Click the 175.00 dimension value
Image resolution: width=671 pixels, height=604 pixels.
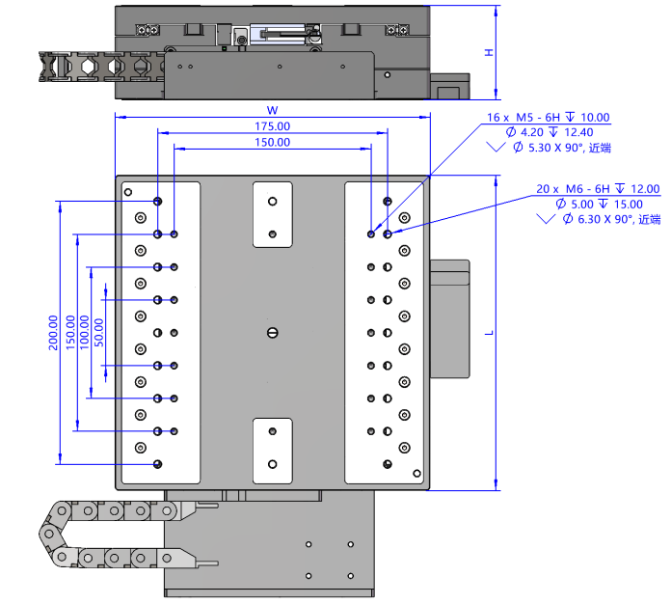[x=272, y=126]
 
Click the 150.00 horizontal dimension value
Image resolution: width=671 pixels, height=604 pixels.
[x=272, y=143]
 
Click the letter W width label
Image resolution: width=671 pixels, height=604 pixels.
[x=272, y=109]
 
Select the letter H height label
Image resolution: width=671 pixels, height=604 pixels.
[x=489, y=52]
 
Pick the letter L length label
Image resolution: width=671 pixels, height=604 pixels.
[x=489, y=333]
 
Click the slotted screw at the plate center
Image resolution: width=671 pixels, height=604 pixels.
[x=272, y=333]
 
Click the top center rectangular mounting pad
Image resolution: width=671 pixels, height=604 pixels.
[x=272, y=214]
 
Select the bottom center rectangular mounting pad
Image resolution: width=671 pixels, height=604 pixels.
[x=272, y=451]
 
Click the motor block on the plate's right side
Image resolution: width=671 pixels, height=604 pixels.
[x=448, y=318]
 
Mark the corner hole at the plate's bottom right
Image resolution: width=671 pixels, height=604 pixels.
[x=416, y=473]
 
